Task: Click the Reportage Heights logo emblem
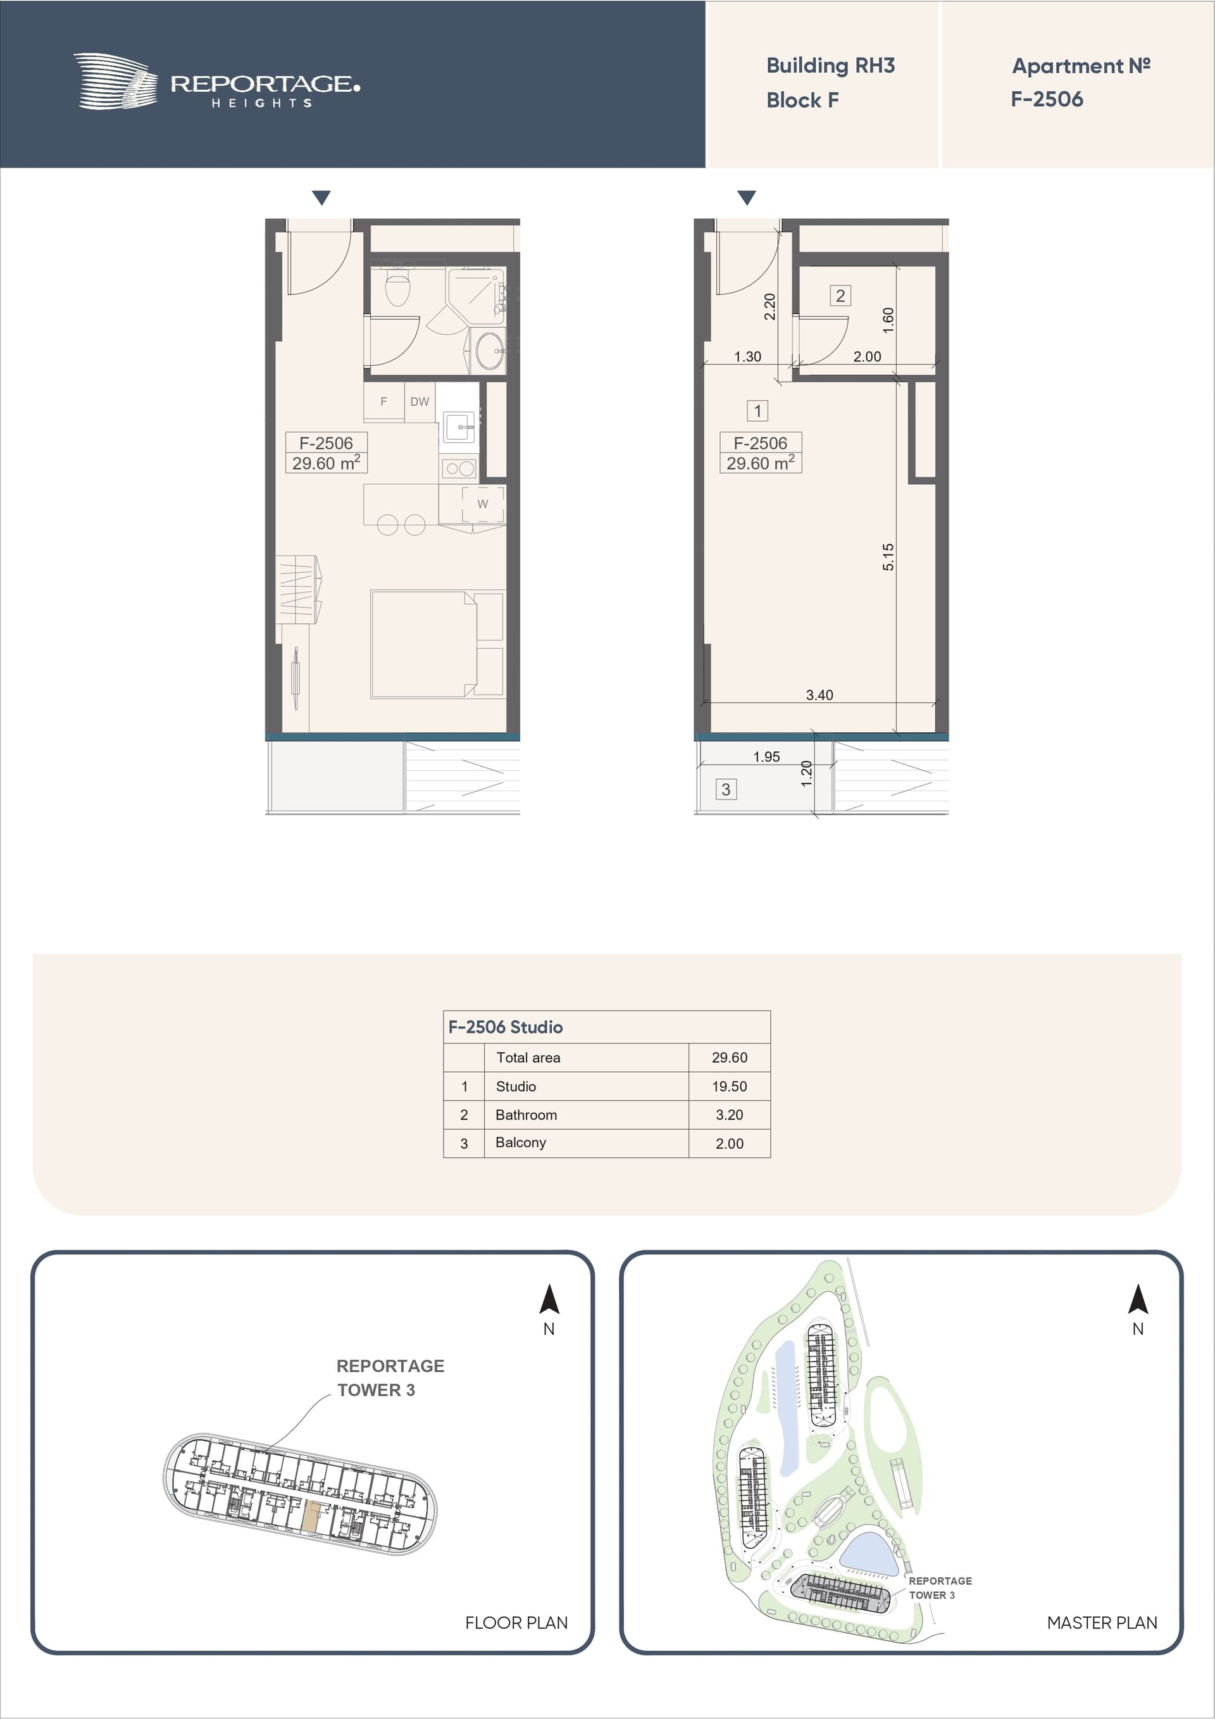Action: [x=115, y=81]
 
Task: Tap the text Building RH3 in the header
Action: [x=830, y=66]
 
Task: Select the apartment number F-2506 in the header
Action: [x=1047, y=99]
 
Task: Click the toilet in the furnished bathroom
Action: [x=397, y=285]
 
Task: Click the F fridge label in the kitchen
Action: [x=383, y=402]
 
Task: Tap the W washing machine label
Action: [x=482, y=504]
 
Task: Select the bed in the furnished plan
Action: [x=424, y=644]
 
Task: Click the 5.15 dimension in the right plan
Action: [x=888, y=557]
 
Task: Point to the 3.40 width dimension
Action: [x=819, y=695]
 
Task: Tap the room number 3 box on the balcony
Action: [x=725, y=789]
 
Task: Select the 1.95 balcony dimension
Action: [x=766, y=757]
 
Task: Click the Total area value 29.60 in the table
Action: [x=729, y=1057]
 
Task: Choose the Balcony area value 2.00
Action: [x=729, y=1143]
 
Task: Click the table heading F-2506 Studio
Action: [x=506, y=1027]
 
